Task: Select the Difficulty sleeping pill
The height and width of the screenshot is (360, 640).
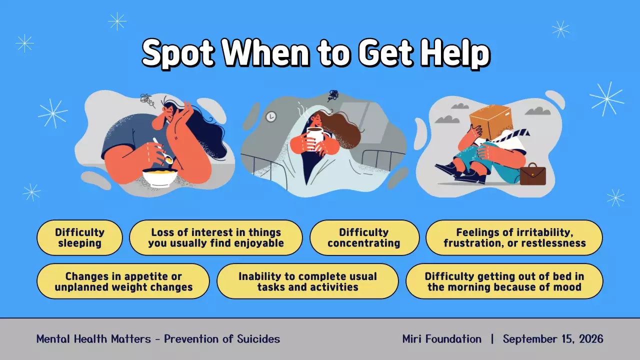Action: pos(79,238)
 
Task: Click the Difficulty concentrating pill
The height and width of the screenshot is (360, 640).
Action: pos(364,238)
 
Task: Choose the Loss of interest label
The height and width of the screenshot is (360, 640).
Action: pos(216,238)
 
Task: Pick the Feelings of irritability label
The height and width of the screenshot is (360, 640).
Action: pos(514,238)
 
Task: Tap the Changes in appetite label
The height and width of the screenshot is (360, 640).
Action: pos(123,282)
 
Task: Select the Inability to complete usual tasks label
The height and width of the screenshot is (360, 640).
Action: pos(307,282)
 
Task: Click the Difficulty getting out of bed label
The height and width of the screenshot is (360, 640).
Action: pos(504,282)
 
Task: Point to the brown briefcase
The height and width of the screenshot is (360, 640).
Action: pos(532,174)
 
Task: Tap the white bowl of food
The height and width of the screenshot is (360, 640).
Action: pos(159,176)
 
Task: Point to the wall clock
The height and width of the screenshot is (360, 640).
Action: pos(270,116)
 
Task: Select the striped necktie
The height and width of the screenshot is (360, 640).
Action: pos(512,135)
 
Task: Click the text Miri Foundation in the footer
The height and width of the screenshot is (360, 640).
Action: pos(441,339)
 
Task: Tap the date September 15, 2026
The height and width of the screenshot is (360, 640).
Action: pos(553,339)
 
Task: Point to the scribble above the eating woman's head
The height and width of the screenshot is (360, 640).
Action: pos(147,100)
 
